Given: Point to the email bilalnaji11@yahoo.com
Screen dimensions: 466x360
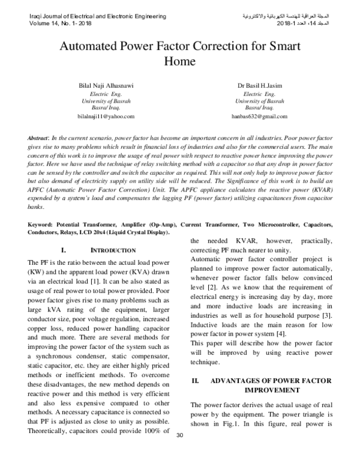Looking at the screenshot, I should [106, 116].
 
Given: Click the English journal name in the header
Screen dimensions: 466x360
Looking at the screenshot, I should [93, 14].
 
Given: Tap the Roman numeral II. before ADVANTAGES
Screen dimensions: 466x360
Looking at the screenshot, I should [195, 381].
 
